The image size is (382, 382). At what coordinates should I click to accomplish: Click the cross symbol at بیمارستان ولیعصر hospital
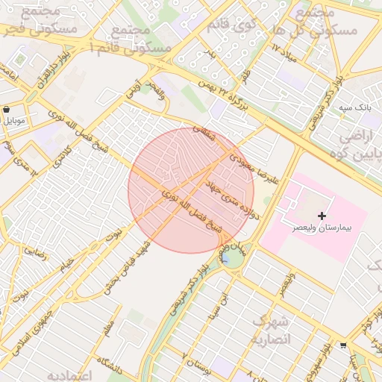point(322,215)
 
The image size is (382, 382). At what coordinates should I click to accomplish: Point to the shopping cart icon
point(342,345)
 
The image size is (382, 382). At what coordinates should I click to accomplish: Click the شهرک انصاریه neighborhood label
point(269,330)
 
